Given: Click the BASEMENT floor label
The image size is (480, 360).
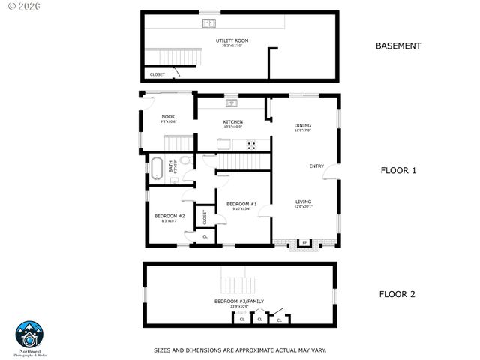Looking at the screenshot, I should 397,46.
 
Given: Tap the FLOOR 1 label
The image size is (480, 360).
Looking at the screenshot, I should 397,171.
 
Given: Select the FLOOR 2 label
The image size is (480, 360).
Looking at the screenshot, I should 397,294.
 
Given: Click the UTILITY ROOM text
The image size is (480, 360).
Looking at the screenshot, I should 232,40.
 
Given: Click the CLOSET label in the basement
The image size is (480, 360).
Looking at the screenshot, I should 157,74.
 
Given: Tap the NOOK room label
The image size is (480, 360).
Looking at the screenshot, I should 168,117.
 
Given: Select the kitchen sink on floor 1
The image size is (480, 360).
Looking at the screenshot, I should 232,103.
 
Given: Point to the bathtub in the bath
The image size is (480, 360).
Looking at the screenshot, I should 157,168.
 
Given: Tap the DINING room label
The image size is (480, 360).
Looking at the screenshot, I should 302,126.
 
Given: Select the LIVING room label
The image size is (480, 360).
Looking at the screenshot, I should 303,202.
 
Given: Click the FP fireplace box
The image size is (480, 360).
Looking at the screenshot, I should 304,242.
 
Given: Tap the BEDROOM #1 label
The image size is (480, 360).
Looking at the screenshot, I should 242,204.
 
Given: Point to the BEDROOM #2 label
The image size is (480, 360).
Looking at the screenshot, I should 165,217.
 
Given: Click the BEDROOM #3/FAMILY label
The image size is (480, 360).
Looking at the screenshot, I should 239,301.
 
